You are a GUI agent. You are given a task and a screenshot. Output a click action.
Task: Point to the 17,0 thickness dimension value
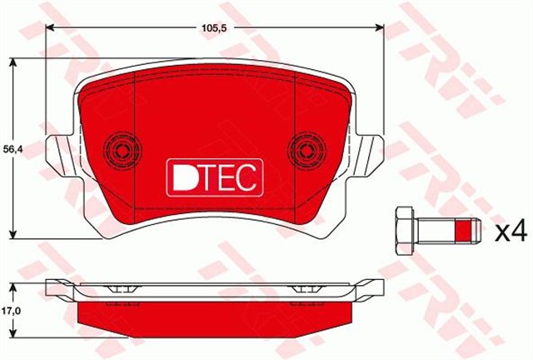click(9, 310)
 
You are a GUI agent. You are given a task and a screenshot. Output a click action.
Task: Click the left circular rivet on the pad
click(122, 151)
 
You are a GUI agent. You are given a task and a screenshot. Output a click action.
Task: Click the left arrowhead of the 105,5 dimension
click(50, 28)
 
